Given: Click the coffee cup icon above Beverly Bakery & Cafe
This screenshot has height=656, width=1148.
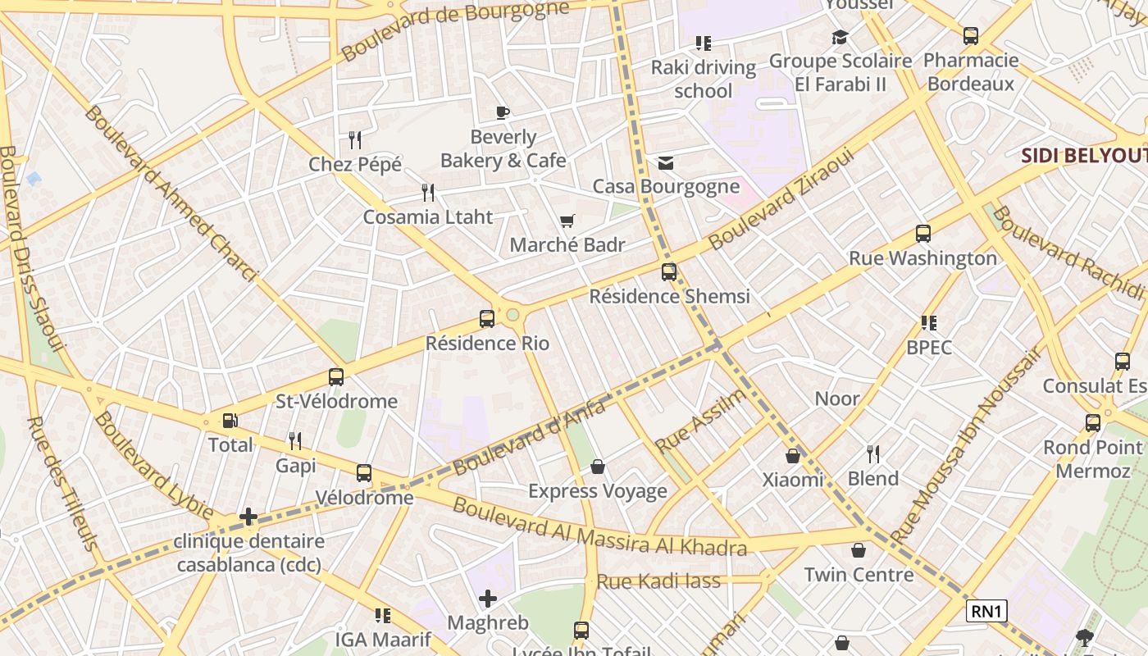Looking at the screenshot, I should [503, 112].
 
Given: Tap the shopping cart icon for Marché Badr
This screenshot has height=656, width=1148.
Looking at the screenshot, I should [567, 221].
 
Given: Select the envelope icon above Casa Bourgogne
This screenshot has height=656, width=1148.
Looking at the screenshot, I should [666, 163].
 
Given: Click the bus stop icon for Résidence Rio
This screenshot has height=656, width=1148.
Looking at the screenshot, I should [487, 319].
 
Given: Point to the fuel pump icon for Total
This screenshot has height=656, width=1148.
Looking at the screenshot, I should [230, 421].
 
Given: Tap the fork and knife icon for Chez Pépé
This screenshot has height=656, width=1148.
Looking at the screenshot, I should [355, 139].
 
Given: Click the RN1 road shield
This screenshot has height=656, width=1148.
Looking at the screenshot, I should [986, 611].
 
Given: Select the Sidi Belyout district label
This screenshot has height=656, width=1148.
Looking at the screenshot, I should [1082, 156].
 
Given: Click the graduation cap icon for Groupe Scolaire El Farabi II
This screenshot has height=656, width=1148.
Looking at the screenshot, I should [840, 37].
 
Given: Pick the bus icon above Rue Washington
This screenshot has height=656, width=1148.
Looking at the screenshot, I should [923, 234].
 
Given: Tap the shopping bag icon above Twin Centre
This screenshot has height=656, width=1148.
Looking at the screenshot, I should [859, 550].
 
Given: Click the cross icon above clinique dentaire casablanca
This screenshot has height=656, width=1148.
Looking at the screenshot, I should [248, 517].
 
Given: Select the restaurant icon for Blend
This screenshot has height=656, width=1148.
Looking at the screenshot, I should [873, 453].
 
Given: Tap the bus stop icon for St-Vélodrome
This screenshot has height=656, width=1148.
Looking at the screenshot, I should [336, 377].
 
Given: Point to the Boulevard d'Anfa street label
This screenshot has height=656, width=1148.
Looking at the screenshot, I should [529, 436].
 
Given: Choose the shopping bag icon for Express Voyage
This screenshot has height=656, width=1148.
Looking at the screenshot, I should [598, 467].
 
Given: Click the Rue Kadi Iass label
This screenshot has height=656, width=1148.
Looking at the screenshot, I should [658, 581].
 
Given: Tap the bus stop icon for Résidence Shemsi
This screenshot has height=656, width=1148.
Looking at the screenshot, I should [669, 272].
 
